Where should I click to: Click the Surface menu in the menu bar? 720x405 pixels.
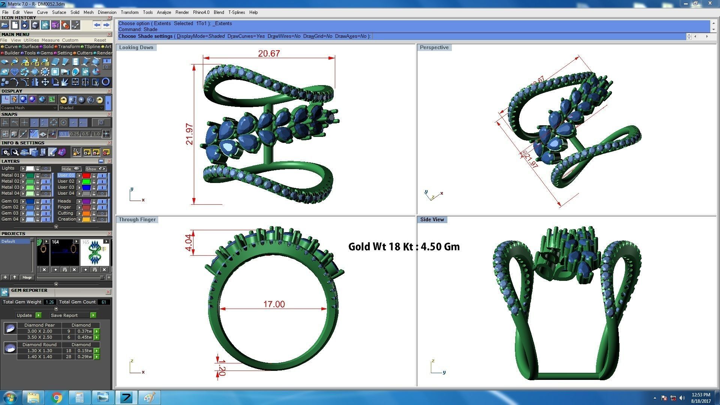(x=59, y=12)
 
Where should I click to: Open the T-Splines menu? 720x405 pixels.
(x=236, y=12)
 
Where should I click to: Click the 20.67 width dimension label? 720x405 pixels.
(x=269, y=54)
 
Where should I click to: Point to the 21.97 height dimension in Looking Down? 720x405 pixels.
(x=189, y=134)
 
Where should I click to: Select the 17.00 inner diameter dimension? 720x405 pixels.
(x=274, y=304)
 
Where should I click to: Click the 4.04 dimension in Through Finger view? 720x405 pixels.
(x=189, y=243)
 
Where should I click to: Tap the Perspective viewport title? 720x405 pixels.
(x=434, y=48)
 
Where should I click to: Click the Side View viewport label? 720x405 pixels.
(x=432, y=220)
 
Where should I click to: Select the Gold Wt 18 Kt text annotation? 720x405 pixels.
(x=403, y=247)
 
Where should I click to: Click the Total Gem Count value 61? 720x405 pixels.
(x=103, y=302)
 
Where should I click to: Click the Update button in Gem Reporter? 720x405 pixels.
(x=25, y=315)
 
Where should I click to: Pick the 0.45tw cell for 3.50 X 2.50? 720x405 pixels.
(x=84, y=337)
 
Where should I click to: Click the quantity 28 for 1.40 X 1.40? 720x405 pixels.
(x=69, y=357)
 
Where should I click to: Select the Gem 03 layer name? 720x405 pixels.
(x=10, y=213)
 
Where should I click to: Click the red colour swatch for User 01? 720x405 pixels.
(x=86, y=175)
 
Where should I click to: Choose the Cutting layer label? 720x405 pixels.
(x=65, y=213)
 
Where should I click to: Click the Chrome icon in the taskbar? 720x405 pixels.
(x=57, y=397)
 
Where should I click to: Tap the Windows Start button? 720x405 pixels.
(x=10, y=397)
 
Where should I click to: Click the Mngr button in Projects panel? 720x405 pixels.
(x=27, y=277)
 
